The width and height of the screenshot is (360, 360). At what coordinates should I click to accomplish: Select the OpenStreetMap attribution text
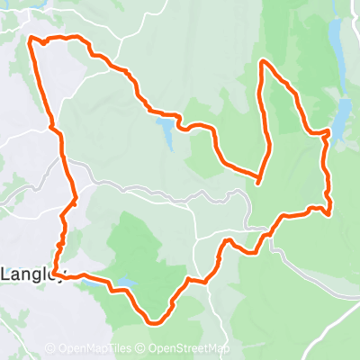click(x=189, y=349)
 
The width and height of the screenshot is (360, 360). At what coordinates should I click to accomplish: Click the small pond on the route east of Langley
click(x=124, y=285)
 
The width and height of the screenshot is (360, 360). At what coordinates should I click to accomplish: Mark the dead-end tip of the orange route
click(x=257, y=183)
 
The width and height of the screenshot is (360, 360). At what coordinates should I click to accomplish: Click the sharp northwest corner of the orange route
click(x=32, y=39)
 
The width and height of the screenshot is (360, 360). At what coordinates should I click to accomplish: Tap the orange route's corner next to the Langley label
click(x=54, y=272)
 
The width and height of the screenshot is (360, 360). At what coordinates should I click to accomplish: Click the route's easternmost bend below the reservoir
click(x=329, y=212)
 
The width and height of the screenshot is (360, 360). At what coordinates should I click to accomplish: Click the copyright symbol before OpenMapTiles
click(x=49, y=349)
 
